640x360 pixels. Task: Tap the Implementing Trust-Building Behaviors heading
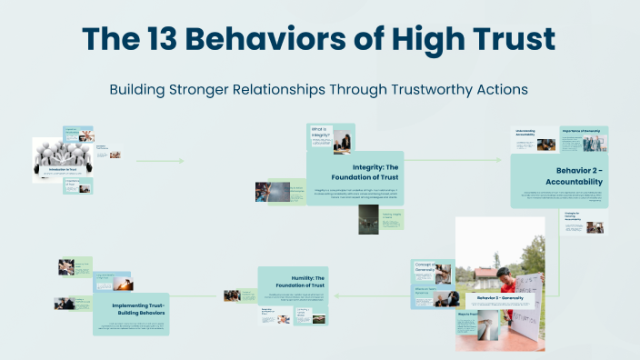(131, 309)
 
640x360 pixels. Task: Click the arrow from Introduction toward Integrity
(159, 161)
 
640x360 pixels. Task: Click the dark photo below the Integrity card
(368, 218)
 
